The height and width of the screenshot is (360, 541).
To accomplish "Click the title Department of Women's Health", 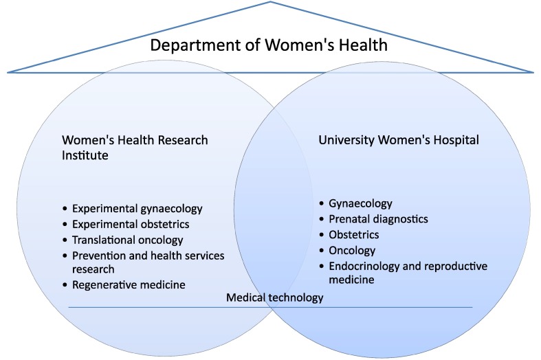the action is [269, 46].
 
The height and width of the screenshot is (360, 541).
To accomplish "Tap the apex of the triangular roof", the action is [271, 3].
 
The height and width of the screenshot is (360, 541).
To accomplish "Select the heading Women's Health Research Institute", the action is [135, 147].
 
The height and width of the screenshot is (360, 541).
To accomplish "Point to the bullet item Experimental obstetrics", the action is [131, 224].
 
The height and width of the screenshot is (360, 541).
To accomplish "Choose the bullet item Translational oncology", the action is [128, 240].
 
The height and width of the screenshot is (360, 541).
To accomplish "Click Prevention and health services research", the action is [148, 262].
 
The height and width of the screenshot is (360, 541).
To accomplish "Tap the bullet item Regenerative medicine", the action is [129, 284].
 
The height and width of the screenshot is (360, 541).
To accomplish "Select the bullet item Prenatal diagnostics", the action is [379, 219].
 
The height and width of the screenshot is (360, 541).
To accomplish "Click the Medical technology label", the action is [274, 298].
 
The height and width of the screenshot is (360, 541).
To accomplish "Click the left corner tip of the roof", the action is [8, 71].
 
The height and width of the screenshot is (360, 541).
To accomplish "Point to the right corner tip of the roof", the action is [532, 71].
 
